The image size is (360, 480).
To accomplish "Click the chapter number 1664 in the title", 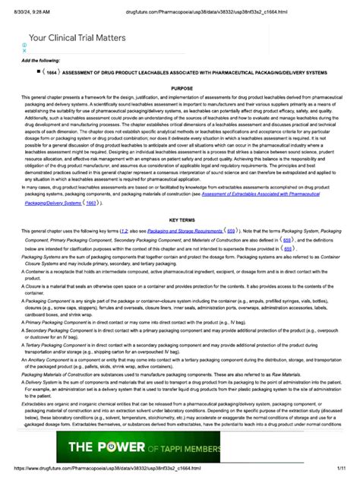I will pyautogui.click(x=52, y=72).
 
